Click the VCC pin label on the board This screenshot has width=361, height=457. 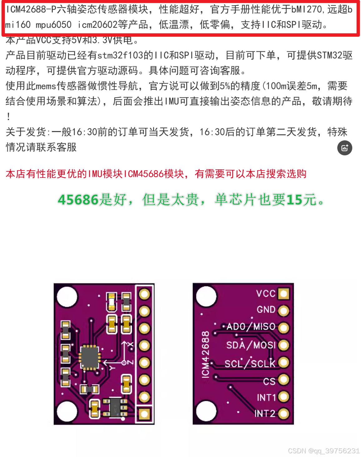coord(266,294)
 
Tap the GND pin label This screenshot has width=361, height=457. coord(266,310)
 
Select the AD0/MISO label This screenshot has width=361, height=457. coord(251,327)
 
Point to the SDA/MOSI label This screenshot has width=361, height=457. coord(251,345)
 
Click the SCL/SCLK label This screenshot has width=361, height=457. coord(250,363)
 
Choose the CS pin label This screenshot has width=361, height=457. coord(269,381)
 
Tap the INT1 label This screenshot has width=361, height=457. coord(266,398)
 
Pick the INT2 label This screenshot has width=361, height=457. coord(265,414)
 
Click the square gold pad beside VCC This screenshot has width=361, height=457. coord(284,294)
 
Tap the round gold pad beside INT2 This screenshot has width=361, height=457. coord(284,414)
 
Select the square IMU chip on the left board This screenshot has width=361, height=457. coord(90,357)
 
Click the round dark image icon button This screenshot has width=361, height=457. coord(344,148)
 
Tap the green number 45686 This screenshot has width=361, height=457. coord(78,200)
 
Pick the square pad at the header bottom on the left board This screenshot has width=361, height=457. coord(144,414)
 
